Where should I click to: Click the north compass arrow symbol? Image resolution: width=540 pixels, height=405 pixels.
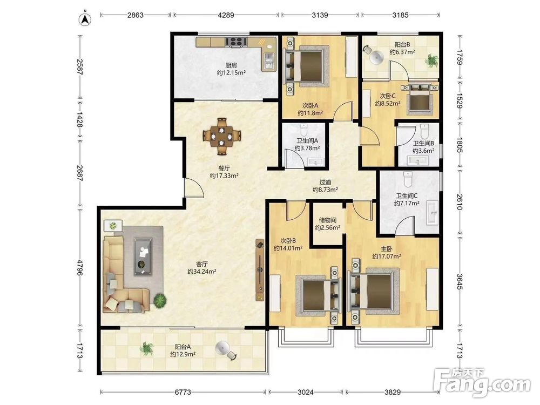click(x=85, y=19)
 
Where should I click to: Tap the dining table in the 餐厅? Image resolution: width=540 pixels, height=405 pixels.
click(x=222, y=136)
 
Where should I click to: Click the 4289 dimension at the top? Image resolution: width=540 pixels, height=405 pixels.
click(x=226, y=15)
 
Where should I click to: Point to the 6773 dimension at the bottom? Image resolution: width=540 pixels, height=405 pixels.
click(x=183, y=392)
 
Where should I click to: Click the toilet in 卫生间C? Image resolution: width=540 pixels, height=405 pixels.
click(x=408, y=178)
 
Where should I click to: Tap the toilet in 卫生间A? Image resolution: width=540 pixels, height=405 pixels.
click(x=303, y=130)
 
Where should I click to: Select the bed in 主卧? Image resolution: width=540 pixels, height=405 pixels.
click(x=374, y=292)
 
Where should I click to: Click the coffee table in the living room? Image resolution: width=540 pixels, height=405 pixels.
click(x=143, y=256)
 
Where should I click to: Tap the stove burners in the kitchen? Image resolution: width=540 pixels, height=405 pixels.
click(x=237, y=42)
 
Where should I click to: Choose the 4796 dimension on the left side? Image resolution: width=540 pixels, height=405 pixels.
click(x=80, y=268)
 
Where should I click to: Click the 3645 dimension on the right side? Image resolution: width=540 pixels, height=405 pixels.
click(x=460, y=281)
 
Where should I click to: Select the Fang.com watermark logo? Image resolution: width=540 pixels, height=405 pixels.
click(x=482, y=383)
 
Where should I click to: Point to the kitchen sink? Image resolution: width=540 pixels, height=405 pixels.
click(x=268, y=62)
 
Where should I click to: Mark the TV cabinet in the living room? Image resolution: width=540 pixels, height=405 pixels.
click(x=260, y=270)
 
